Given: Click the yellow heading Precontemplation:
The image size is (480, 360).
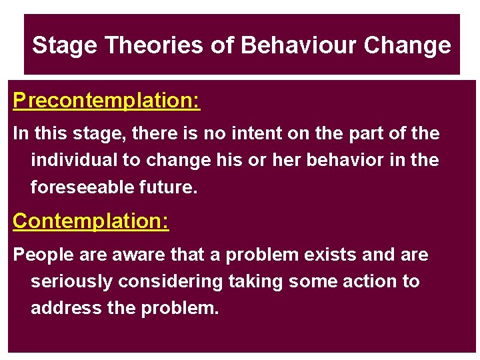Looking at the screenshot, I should pyautogui.click(x=107, y=101).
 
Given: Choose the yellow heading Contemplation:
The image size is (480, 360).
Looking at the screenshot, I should pyautogui.click(x=91, y=221).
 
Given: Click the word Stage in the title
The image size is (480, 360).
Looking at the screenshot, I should pyautogui.click(x=65, y=45).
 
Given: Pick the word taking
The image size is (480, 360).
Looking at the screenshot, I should pyautogui.click(x=253, y=282).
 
